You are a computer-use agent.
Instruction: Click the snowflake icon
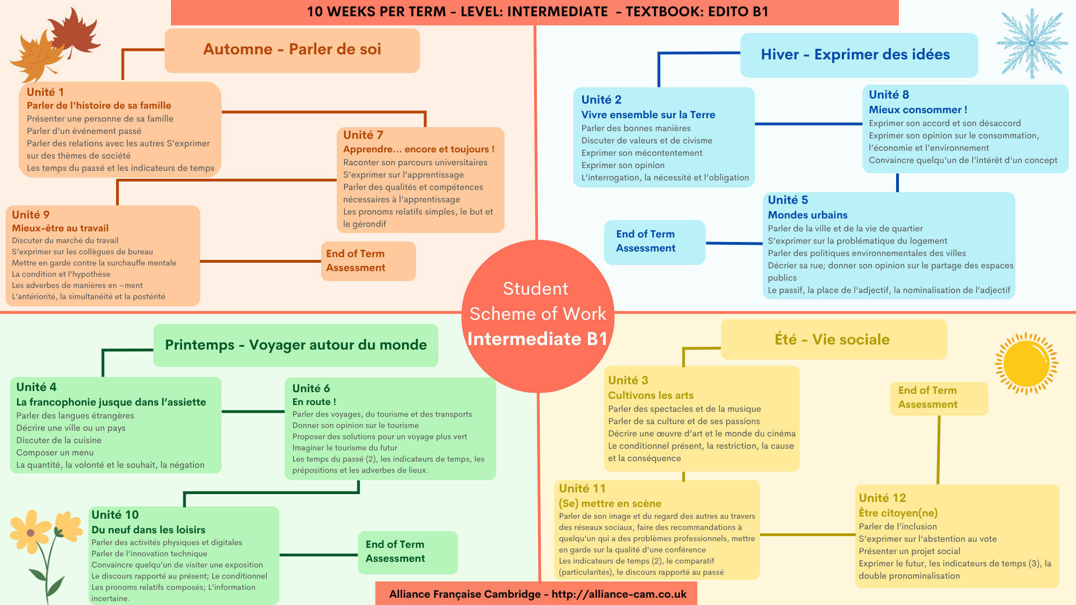click(1032, 43)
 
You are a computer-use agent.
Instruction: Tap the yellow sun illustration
click(1027, 364)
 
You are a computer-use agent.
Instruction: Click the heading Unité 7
click(363, 135)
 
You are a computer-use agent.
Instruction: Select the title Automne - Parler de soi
click(292, 49)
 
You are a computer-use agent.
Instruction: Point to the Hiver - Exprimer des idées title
click(855, 54)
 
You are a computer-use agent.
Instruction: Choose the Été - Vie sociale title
click(832, 339)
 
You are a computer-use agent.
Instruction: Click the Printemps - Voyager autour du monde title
click(296, 345)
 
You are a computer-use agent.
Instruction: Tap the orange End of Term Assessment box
click(368, 261)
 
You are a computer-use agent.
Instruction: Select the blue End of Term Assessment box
click(655, 242)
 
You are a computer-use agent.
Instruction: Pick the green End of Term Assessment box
click(408, 552)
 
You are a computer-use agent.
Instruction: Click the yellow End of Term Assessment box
click(939, 398)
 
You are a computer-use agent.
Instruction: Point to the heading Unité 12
click(882, 498)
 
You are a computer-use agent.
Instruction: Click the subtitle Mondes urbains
click(808, 215)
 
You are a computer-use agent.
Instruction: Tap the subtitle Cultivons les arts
click(651, 395)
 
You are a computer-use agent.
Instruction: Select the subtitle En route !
click(314, 402)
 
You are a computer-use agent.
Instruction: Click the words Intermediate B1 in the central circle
click(537, 339)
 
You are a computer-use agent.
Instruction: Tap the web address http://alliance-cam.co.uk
click(619, 594)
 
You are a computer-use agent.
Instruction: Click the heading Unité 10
click(115, 515)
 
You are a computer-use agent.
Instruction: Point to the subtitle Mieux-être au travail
click(61, 228)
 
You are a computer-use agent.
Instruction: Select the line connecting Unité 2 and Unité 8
click(809, 124)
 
